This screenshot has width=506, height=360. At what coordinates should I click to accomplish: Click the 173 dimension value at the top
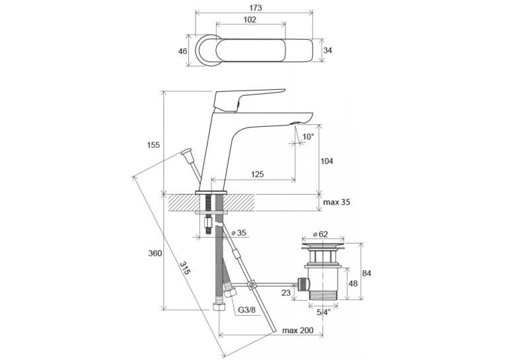[255, 8]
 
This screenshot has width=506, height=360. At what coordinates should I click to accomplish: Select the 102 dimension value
[250, 20]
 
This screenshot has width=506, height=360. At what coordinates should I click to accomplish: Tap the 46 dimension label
[183, 51]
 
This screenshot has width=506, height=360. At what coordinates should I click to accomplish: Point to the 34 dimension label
[328, 50]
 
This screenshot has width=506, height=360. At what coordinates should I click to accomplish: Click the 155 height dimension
[154, 145]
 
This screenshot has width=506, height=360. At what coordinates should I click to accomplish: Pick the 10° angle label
[308, 137]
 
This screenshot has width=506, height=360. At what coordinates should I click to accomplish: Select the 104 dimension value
[327, 161]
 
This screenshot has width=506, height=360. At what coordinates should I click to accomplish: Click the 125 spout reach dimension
[257, 174]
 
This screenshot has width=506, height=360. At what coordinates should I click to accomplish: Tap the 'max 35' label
[337, 202]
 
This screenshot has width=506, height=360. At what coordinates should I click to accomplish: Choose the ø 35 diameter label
[239, 233]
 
